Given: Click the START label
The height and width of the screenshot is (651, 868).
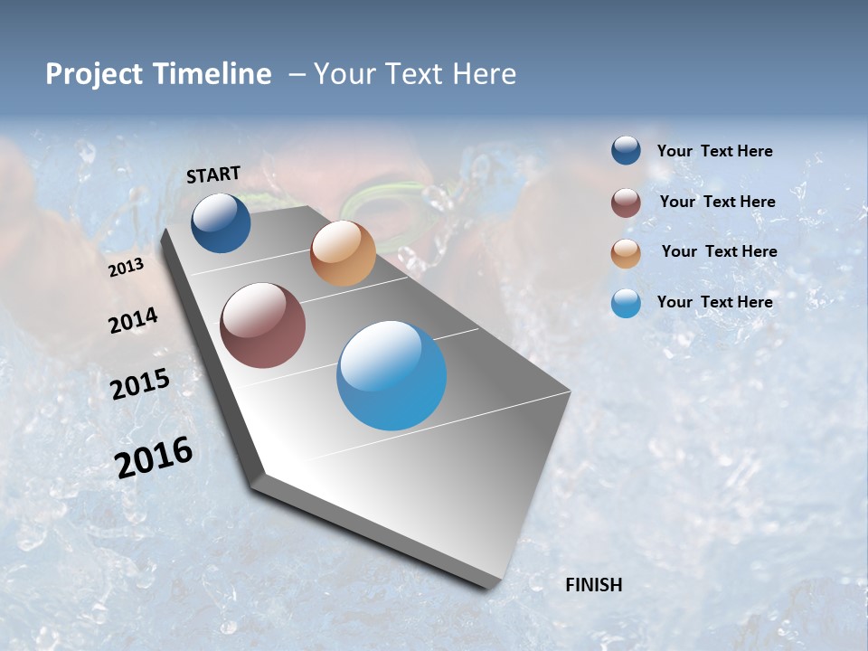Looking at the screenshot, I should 213,175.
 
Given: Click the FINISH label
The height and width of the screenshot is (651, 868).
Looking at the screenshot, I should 593,585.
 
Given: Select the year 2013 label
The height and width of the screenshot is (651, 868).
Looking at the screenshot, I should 126,267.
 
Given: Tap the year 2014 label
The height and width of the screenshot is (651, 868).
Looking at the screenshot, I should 133,321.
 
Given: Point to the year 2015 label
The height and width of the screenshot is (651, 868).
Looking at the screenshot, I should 139,383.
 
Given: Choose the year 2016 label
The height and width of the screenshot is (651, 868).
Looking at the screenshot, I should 154,457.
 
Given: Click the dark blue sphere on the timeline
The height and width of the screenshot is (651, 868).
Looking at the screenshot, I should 221,222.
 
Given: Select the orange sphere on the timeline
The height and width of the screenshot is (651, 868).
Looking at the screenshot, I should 343,253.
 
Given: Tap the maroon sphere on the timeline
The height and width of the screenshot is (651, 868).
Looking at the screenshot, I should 263,325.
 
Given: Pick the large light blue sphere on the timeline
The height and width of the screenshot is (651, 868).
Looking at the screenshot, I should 392,375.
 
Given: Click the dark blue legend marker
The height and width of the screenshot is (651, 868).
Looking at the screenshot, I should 626,151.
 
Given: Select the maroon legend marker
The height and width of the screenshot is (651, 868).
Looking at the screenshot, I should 626,203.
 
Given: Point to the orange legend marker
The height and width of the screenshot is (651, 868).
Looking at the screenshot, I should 626,252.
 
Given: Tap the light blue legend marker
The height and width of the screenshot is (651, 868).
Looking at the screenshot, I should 626,303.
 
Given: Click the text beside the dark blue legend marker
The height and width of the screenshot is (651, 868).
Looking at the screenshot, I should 714,152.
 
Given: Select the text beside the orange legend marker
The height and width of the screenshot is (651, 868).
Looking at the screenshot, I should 719,251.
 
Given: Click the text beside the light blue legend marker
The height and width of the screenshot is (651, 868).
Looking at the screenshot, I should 714,302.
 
